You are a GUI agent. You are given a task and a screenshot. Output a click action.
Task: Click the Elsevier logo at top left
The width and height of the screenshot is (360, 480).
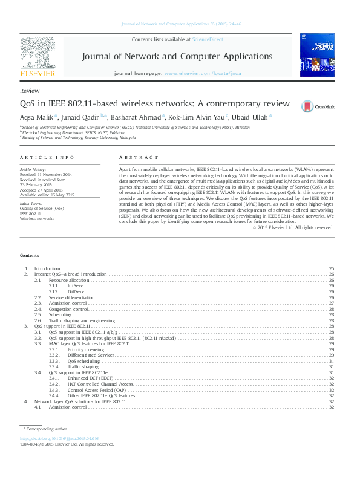pos(39,57)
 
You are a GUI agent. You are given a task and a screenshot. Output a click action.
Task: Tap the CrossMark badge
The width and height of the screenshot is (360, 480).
pos(316,106)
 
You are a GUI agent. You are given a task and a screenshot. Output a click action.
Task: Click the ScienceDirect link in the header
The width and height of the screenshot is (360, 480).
pos(207,39)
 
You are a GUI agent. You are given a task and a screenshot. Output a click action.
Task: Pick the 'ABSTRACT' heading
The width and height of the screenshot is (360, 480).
pos(139,157)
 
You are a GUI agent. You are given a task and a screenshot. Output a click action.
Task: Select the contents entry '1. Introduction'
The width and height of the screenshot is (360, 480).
pos(47,268)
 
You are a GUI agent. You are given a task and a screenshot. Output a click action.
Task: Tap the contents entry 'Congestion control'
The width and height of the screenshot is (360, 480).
pos(68,309)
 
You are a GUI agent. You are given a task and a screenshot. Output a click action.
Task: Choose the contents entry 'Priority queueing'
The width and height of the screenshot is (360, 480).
pos(85,349)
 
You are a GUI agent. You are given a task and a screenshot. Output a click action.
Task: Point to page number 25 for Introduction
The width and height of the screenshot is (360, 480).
pos(331,268)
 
